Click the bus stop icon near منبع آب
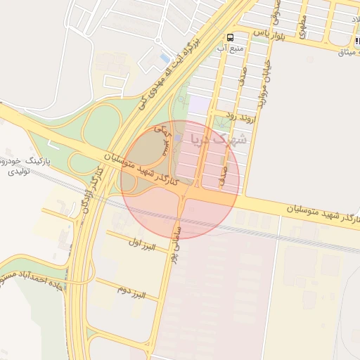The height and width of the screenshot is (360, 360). point(230,37)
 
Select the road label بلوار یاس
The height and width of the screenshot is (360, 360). point(269,34)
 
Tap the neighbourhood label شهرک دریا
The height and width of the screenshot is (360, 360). point(217,136)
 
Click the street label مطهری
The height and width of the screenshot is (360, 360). point(302,27)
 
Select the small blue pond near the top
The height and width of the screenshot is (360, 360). point(165,57)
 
